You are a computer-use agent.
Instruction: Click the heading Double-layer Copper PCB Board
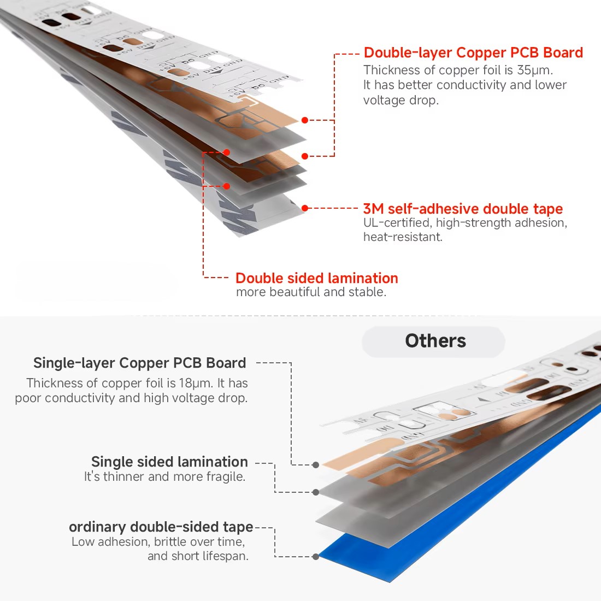click(473, 52)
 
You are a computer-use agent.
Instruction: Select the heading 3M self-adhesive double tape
click(463, 209)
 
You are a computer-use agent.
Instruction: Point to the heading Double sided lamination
click(316, 278)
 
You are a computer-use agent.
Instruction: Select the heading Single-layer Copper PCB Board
click(139, 363)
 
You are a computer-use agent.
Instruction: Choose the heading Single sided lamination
click(169, 462)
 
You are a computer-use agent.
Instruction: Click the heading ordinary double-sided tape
click(161, 527)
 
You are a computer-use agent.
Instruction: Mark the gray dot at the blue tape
click(315, 557)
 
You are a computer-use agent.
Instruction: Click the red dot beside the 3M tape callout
click(305, 208)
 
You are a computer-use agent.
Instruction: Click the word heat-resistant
click(403, 237)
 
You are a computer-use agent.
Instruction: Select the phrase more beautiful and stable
click(311, 292)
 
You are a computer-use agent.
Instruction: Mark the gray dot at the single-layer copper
click(316, 465)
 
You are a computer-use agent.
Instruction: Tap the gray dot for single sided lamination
click(316, 492)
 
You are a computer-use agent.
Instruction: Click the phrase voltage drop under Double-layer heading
click(401, 101)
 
